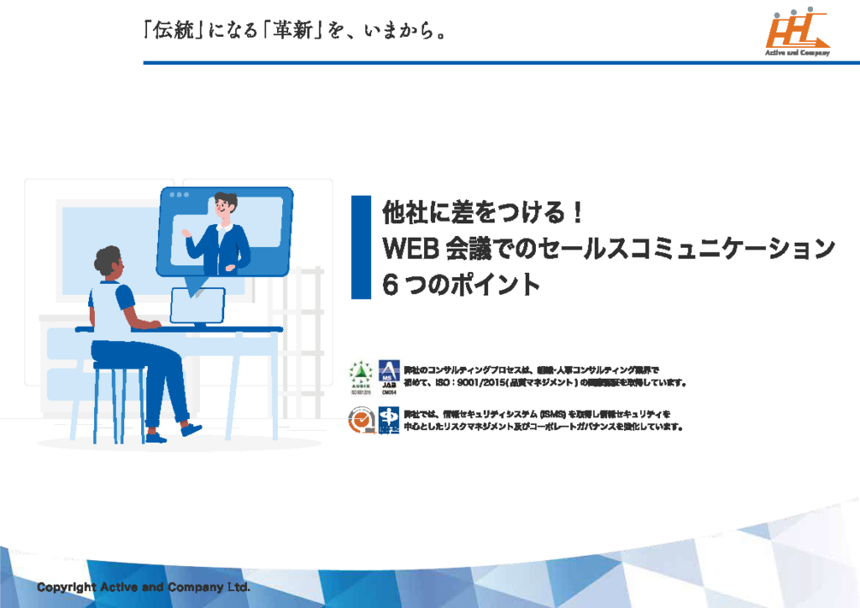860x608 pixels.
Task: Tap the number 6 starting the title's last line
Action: click(390, 285)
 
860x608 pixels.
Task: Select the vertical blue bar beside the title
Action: click(360, 247)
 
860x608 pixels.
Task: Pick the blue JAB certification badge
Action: click(388, 376)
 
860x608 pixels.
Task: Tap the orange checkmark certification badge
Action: click(359, 420)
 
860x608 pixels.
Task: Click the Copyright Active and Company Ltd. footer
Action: click(143, 587)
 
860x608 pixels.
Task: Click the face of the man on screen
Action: click(224, 207)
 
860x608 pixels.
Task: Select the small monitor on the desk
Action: click(197, 306)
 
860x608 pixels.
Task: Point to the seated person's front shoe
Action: click(192, 429)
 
